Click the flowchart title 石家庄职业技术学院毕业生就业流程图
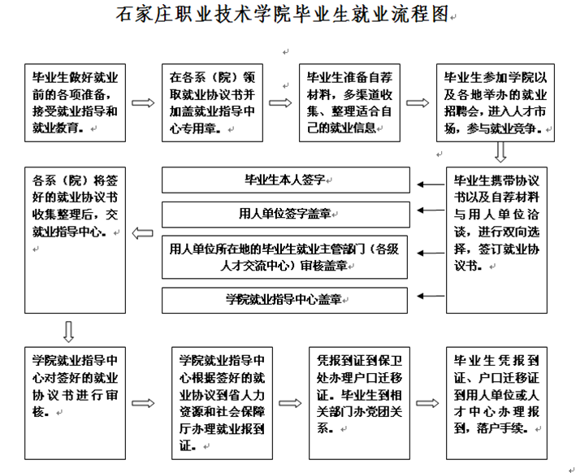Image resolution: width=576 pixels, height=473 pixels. click(x=283, y=15)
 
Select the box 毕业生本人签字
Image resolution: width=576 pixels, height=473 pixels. click(x=286, y=180)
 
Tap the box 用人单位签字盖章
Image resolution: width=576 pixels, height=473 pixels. click(x=286, y=215)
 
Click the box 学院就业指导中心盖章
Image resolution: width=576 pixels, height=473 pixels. click(x=284, y=300)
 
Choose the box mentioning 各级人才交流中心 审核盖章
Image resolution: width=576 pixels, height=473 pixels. click(x=284, y=258)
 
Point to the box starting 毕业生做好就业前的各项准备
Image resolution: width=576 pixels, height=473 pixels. click(x=76, y=103)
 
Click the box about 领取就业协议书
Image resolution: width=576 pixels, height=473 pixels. click(x=212, y=103)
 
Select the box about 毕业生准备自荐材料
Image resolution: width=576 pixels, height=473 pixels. click(x=349, y=103)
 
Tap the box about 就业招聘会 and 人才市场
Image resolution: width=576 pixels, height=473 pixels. click(x=496, y=103)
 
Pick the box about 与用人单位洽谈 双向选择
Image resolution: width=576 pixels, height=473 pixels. click(x=496, y=241)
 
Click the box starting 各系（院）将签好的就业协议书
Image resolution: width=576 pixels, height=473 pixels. click(x=76, y=241)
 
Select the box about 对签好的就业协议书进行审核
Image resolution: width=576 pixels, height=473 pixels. click(x=76, y=403)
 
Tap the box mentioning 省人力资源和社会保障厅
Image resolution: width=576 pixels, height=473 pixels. click(x=223, y=403)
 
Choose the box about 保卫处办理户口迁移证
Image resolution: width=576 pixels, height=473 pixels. click(x=359, y=403)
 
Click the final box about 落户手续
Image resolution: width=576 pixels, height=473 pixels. click(x=496, y=403)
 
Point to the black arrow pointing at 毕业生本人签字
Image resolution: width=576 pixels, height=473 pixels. click(x=431, y=184)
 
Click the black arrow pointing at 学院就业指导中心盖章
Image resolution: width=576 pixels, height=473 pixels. click(x=431, y=296)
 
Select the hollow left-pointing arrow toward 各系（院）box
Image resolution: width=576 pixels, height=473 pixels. click(x=142, y=233)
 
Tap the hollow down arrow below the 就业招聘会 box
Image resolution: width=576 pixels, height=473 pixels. click(x=500, y=152)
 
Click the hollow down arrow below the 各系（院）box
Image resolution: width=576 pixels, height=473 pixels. click(x=69, y=332)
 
